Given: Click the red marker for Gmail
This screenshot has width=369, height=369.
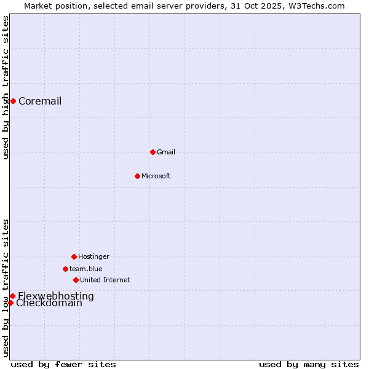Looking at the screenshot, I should click(x=153, y=152).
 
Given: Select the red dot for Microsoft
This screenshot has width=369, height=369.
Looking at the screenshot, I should click(x=137, y=176).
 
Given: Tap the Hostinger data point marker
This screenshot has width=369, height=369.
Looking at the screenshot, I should click(x=74, y=256).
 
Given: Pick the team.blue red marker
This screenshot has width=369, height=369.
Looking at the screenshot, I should click(x=65, y=269).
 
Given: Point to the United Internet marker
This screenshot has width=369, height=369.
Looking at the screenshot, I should click(x=76, y=280).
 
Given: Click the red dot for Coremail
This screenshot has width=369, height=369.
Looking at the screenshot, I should click(x=13, y=101).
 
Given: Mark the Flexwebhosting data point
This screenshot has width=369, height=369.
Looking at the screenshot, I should click(x=12, y=296).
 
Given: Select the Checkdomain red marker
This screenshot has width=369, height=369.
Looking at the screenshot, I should click(x=10, y=303).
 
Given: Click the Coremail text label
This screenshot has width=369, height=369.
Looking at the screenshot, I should click(x=40, y=101).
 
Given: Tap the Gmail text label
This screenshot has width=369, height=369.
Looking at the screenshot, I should click(x=166, y=152).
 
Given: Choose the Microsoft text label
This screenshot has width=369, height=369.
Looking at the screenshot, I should click(x=156, y=177).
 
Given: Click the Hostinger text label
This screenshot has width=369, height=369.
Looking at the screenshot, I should click(x=93, y=256).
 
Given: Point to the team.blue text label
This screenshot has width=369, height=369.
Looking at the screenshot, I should click(x=86, y=269).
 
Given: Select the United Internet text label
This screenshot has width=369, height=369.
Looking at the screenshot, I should click(x=105, y=280).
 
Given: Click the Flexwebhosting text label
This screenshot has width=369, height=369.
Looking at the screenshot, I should click(x=56, y=296).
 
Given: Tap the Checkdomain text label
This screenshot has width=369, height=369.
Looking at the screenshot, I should click(x=49, y=303).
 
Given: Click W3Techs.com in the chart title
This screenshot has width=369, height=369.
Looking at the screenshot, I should click(x=317, y=6).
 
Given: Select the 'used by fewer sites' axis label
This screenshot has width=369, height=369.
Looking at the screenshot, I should click(x=63, y=364).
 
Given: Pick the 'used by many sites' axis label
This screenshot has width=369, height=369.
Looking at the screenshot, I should click(x=309, y=364).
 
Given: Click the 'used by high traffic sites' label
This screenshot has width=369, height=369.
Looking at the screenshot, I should click(x=6, y=87).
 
